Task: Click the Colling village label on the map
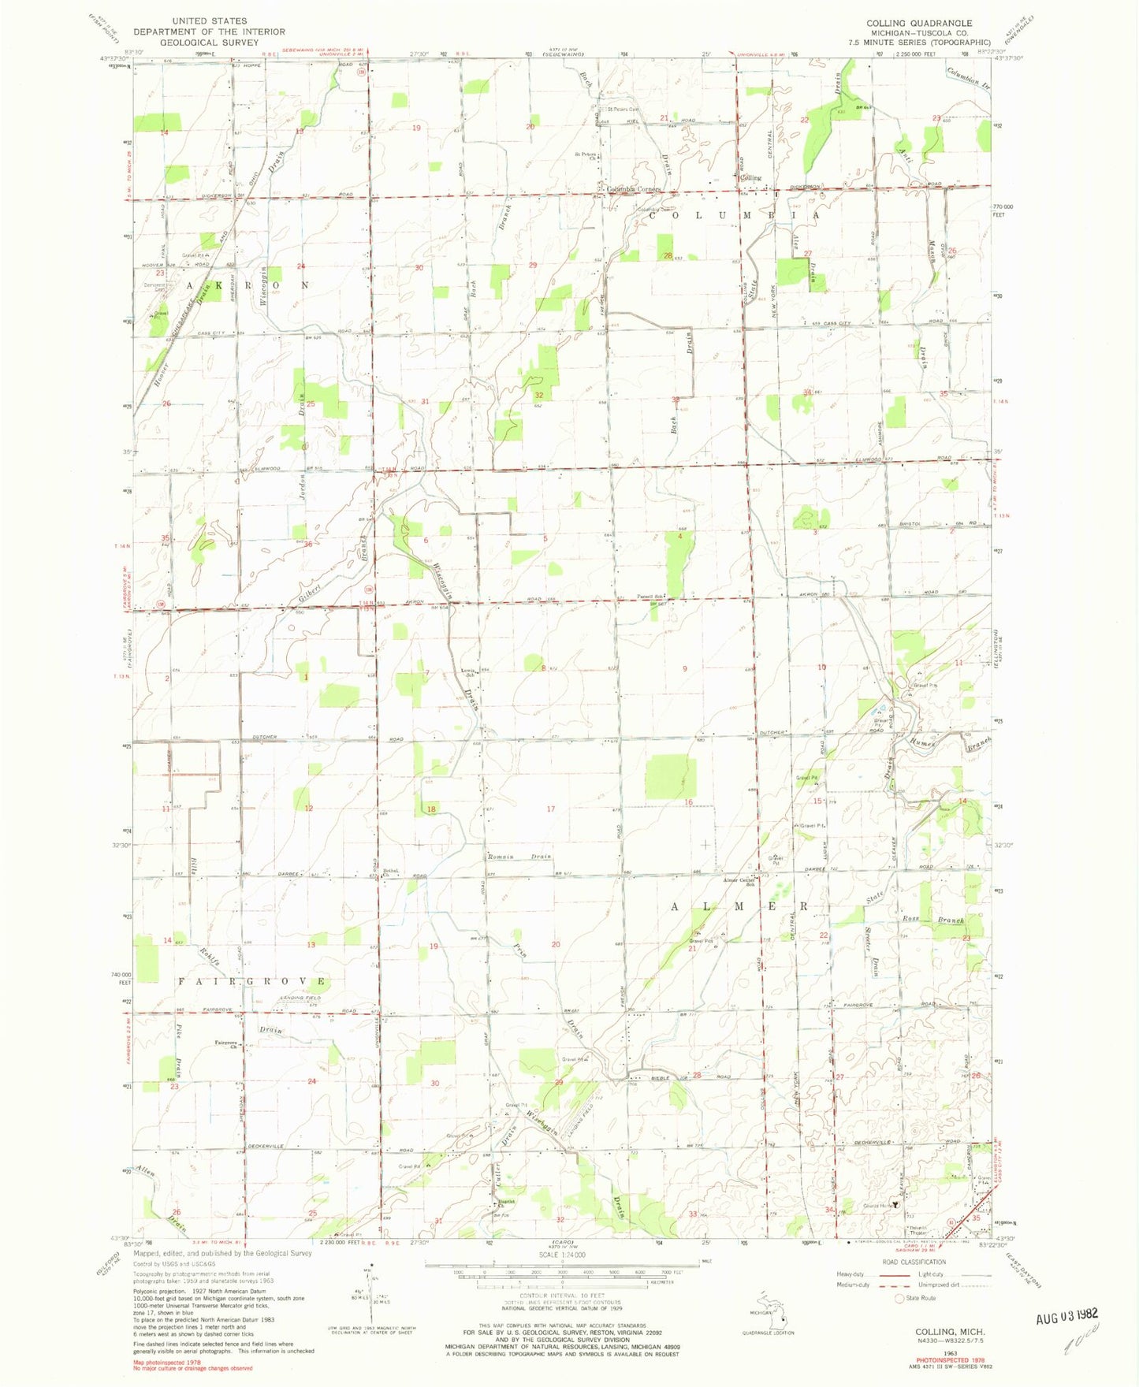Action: click(x=750, y=178)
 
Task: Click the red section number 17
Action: click(x=551, y=809)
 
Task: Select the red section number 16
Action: click(x=688, y=802)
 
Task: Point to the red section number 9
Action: click(x=685, y=668)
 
